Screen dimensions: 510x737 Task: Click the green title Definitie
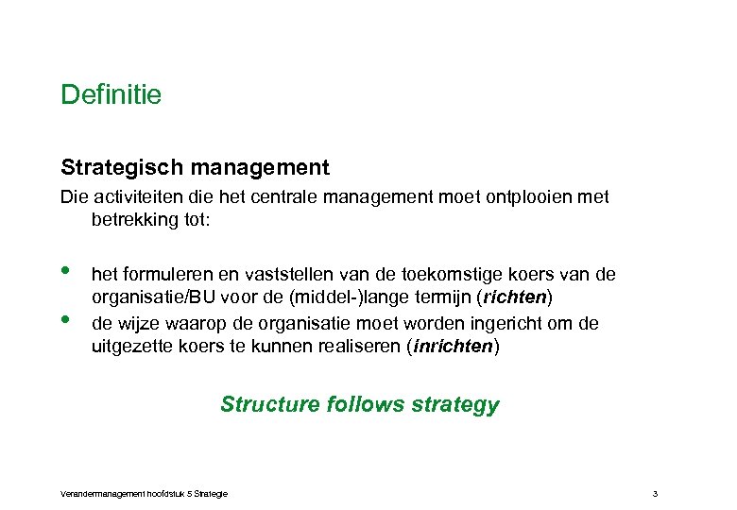click(x=111, y=95)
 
